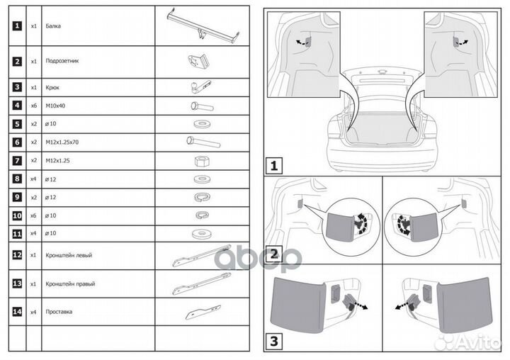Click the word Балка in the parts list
52,26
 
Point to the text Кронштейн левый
69,254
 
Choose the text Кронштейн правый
69,283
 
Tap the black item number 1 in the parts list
17,26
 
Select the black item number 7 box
17,161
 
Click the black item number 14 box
17,311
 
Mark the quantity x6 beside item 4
33,106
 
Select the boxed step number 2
274,253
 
